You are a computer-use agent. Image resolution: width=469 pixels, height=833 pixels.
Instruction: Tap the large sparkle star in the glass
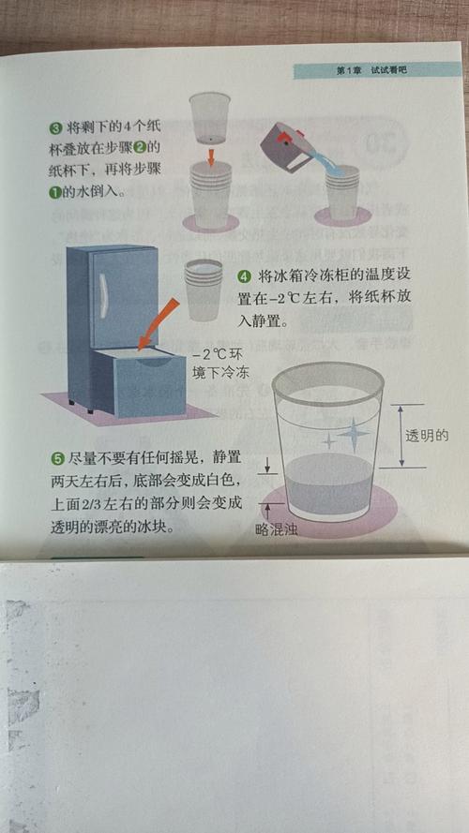[x=354, y=433]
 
